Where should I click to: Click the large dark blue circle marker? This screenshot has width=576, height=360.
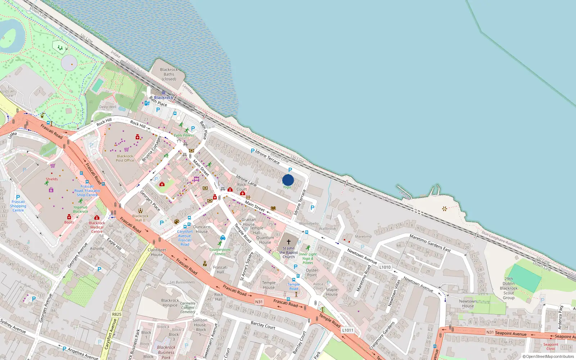tap(288, 180)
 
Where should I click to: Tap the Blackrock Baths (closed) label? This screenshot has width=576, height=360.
tap(169, 74)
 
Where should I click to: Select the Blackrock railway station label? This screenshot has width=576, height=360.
tap(163, 98)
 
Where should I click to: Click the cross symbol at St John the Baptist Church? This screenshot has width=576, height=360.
tap(288, 242)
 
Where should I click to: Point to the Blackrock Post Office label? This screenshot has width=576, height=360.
tap(125, 158)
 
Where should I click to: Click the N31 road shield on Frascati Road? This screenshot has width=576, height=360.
tap(259, 302)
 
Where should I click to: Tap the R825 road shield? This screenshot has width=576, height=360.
tap(117, 314)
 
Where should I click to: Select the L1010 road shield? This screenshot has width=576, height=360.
tap(385, 267)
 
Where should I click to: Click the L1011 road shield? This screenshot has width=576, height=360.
tap(348, 330)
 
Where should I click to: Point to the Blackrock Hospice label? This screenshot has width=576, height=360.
tap(170, 303)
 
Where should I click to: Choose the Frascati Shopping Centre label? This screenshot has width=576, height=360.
tap(18, 206)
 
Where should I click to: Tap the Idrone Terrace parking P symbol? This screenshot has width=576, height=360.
tap(252, 151)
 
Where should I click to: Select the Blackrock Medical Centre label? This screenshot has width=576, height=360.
tap(97, 227)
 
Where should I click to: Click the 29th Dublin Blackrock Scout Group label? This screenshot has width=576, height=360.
tap(509, 288)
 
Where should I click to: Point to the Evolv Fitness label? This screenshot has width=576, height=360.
tap(184, 135)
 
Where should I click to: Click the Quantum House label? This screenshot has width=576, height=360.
tap(265, 240)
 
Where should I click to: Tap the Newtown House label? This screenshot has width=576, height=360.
tap(468, 303)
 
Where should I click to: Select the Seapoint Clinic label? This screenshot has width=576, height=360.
tap(551, 346)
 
